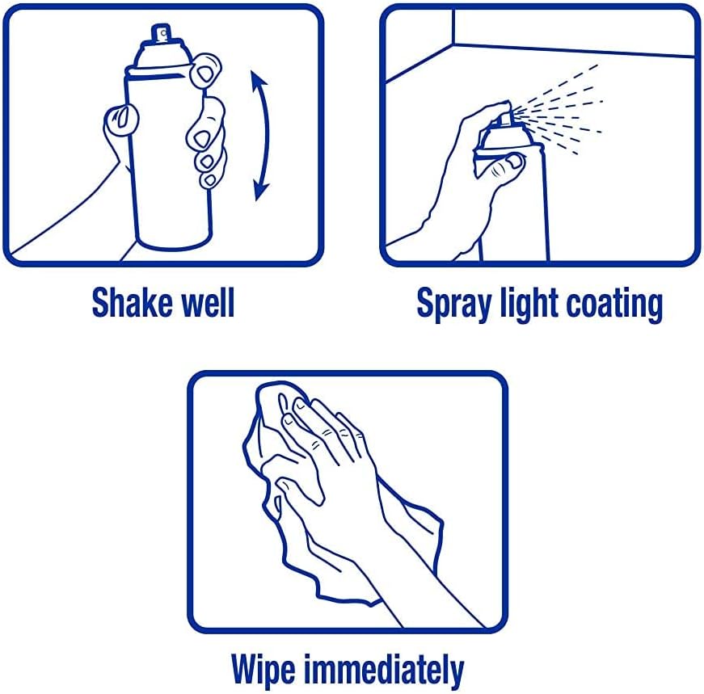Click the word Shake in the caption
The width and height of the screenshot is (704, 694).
coord(131,302)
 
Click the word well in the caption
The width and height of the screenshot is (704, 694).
coord(208,302)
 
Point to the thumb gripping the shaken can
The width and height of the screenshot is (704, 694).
coord(120,120)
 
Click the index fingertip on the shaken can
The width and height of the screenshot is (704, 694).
coord(205,71)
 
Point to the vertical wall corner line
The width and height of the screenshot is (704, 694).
coord(453,27)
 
